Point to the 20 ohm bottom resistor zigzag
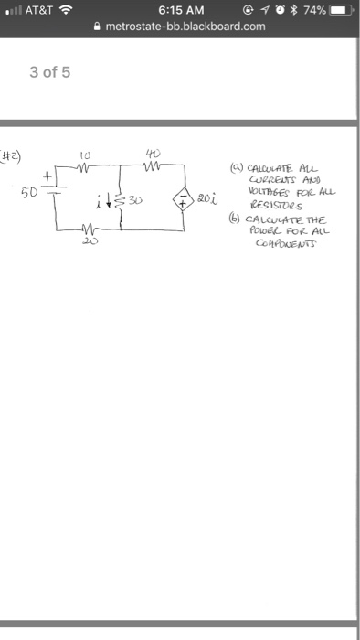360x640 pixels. click(86, 230)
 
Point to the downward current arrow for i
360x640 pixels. click(111, 201)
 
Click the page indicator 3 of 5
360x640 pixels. click(49, 72)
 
